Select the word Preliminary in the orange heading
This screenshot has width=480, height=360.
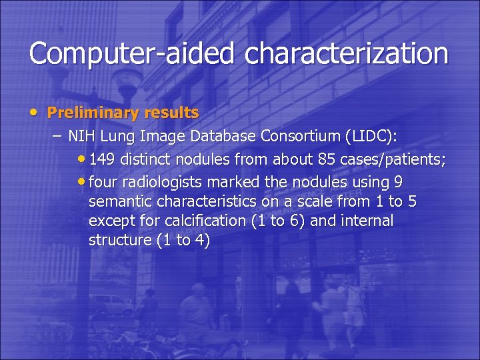[89, 113]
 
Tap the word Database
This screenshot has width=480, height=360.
[223, 137]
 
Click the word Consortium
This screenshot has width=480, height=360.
[300, 137]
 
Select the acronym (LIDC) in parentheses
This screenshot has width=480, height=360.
[371, 137]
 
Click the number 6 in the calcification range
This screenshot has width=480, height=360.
[295, 221]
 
